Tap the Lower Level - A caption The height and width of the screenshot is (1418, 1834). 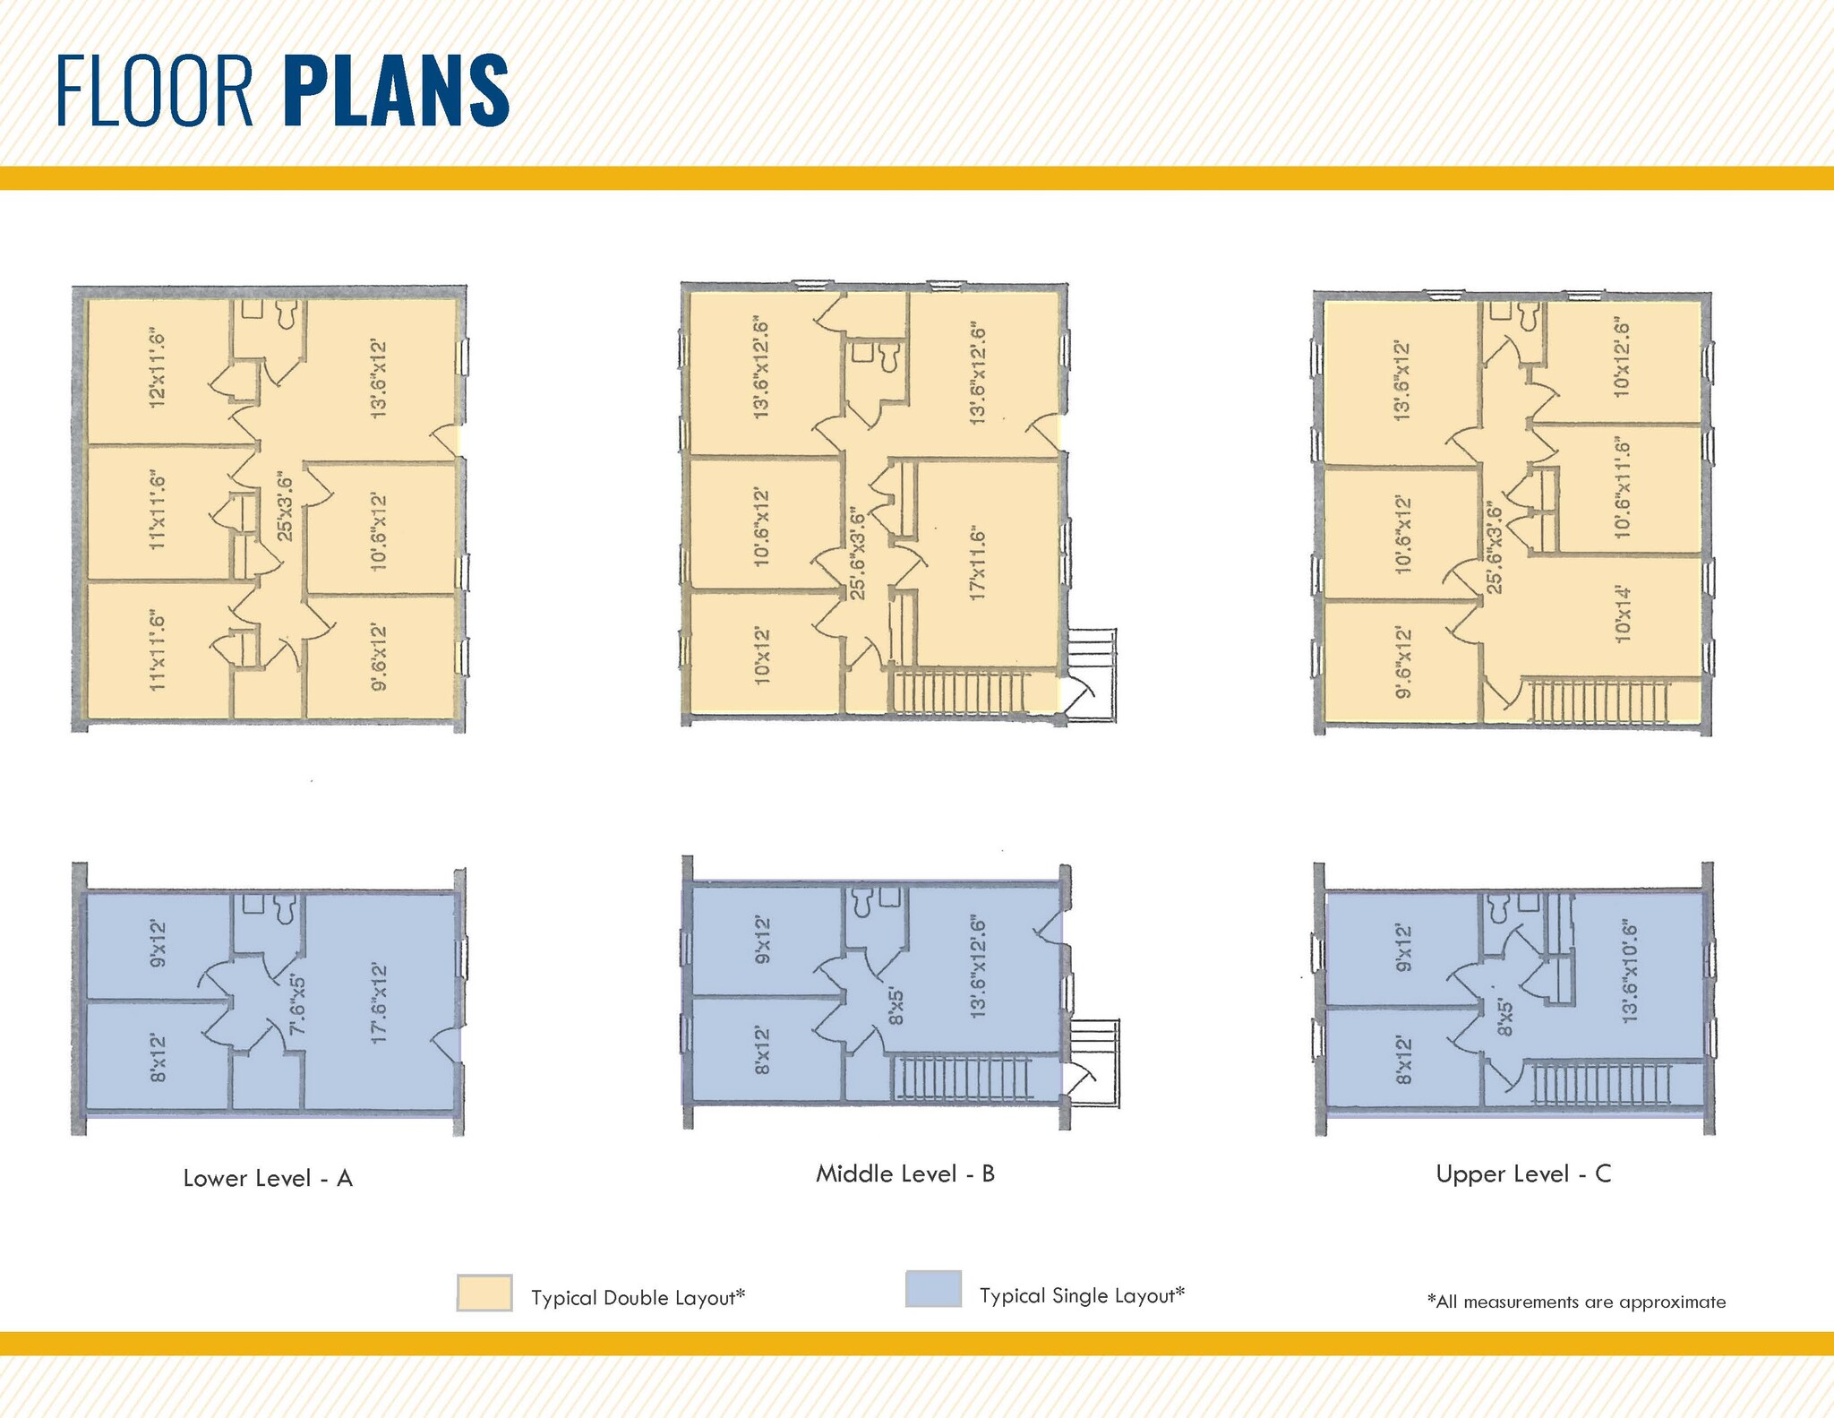268,1179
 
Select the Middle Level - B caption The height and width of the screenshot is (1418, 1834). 905,1173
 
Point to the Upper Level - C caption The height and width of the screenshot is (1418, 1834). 1523,1174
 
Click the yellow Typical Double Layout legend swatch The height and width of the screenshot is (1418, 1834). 484,1293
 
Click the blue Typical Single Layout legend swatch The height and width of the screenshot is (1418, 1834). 933,1290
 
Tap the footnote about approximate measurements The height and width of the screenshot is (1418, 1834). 1576,1302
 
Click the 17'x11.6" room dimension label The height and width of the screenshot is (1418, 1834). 977,564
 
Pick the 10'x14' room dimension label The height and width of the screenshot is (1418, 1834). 1622,614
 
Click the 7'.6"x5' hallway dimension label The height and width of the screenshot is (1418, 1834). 297,1005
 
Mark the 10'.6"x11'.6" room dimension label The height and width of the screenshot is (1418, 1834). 1622,489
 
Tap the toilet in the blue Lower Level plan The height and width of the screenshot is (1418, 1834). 286,907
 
